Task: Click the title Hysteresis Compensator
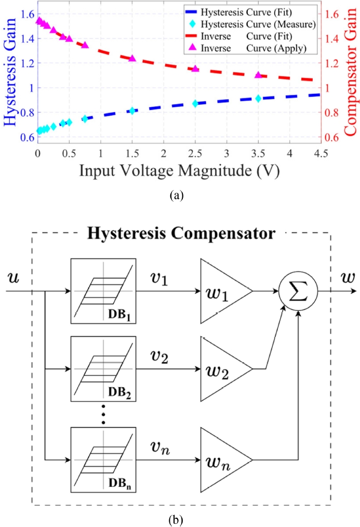(181, 233)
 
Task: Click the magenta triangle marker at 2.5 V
(195, 68)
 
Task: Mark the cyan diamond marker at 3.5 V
(258, 98)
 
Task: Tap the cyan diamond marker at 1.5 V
(132, 111)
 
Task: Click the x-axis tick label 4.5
(321, 154)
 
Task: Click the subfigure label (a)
(177, 196)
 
